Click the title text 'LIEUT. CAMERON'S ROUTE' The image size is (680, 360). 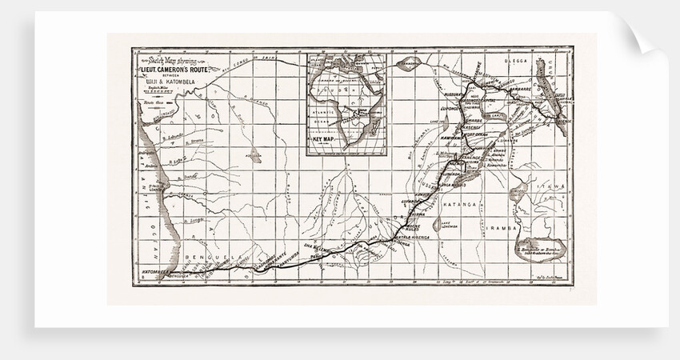point(175,70)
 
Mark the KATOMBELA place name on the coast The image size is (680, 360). point(150,271)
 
